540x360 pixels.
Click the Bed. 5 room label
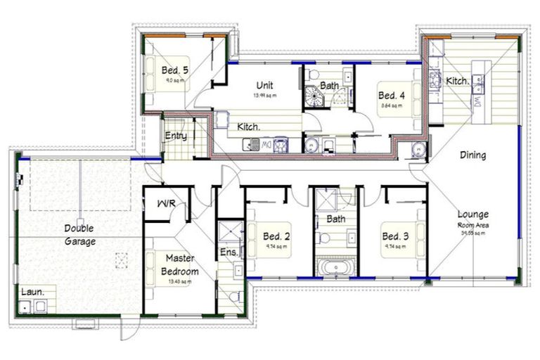pyautogui.click(x=175, y=70)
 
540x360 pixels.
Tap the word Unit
pyautogui.click(x=264, y=86)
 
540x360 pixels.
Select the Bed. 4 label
pyautogui.click(x=392, y=96)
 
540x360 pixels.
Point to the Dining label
pyautogui.click(x=472, y=155)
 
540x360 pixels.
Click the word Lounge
pyautogui.click(x=472, y=214)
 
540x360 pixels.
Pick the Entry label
pyautogui.click(x=176, y=136)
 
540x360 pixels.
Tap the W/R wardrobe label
pyautogui.click(x=166, y=204)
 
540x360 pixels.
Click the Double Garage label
pyautogui.click(x=80, y=235)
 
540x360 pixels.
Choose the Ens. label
pyautogui.click(x=229, y=252)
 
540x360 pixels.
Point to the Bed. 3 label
pyautogui.click(x=395, y=236)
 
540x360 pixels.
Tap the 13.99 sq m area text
pyautogui.click(x=264, y=96)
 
